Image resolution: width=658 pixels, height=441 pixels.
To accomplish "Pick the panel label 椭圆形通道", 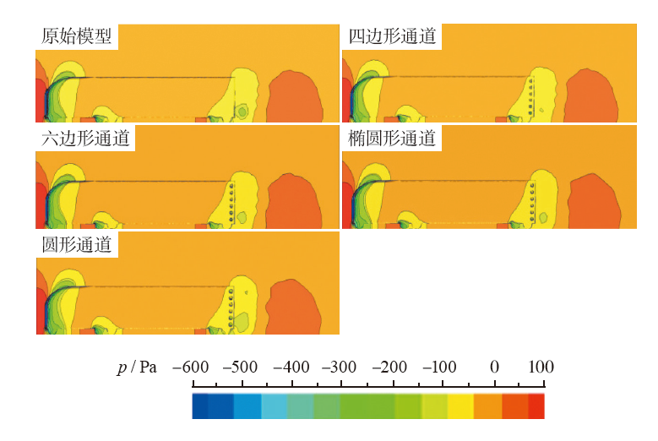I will tap(393, 139).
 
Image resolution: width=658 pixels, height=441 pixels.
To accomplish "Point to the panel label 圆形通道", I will tap(76, 245).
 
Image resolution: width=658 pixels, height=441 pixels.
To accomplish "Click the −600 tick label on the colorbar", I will tap(191, 367).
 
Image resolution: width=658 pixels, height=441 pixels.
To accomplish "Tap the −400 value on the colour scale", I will tap(291, 367).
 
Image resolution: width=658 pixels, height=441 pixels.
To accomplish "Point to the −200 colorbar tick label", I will tap(393, 367).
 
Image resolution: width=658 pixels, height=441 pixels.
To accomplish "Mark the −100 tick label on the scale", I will tap(441, 367).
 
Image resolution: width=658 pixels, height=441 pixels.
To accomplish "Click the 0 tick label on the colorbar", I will tap(494, 367).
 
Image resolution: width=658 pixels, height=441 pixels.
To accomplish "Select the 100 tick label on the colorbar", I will tap(541, 367).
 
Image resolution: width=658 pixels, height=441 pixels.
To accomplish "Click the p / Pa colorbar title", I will tap(138, 367).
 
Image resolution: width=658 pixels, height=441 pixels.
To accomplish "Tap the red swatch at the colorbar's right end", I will tap(536, 406).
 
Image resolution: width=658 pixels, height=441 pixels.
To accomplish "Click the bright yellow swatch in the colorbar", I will tap(460, 406).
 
